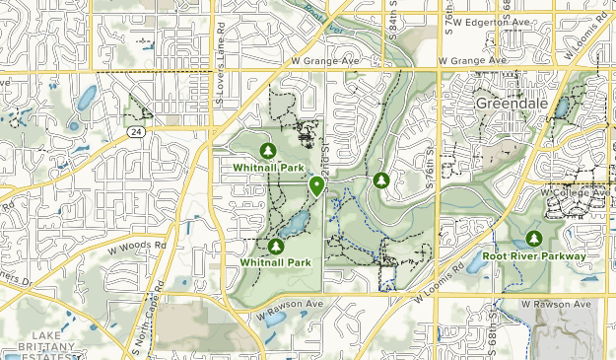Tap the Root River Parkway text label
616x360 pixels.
(534, 256)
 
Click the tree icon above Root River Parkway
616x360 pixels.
(534, 238)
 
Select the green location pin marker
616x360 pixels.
(316, 185)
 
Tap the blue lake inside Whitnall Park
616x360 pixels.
(292, 226)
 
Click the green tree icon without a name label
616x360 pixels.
(381, 180)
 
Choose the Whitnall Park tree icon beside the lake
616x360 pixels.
(276, 246)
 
